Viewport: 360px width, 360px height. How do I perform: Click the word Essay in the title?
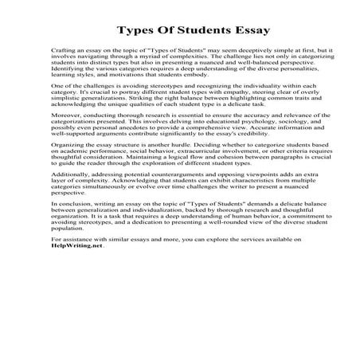pyautogui.click(x=225, y=32)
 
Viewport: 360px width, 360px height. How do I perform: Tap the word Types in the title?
pyautogui.click(x=136, y=32)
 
